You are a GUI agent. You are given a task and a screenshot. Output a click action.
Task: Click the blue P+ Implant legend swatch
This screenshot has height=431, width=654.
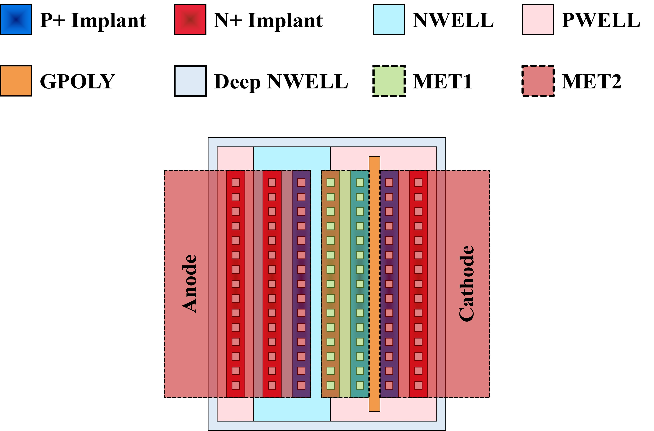pos(16,20)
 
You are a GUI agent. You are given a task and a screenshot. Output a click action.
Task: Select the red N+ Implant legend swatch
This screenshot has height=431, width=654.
pos(190,20)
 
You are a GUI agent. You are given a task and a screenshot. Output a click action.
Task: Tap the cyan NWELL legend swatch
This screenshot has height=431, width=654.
pos(389,20)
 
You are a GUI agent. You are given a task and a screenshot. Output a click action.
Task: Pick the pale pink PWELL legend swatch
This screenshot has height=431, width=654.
pos(538,20)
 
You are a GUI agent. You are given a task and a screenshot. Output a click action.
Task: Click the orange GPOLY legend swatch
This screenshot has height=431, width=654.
pos(16,81)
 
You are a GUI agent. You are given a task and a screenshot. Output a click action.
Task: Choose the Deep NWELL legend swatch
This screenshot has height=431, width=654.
pos(190,81)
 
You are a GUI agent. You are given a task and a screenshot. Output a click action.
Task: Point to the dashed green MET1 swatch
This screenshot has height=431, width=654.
pos(389,81)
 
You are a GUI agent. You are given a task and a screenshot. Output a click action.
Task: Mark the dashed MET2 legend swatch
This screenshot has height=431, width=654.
pos(538,81)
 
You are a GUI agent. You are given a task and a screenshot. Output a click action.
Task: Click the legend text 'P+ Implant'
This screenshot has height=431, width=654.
pos(93,20)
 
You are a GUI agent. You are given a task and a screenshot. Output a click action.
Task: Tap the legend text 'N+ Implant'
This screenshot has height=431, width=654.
pos(268,20)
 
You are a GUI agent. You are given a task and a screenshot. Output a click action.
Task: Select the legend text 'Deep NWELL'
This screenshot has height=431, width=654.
pos(281,82)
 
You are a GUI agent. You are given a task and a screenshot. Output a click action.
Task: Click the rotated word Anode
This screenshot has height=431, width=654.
pos(189,284)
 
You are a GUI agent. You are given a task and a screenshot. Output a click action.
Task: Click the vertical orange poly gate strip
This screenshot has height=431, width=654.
pos(374,284)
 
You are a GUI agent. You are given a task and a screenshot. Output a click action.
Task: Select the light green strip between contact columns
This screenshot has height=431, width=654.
pos(345,284)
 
